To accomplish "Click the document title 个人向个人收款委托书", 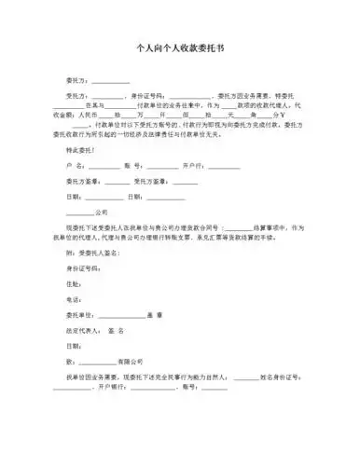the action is pyautogui.click(x=179, y=44).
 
